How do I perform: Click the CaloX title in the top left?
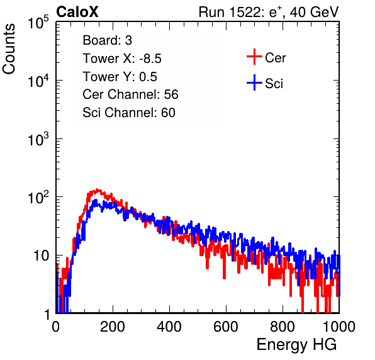[x=77, y=12]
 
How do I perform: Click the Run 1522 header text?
[x=269, y=12]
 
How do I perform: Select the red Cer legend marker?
[x=254, y=57]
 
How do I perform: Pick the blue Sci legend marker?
[x=254, y=82]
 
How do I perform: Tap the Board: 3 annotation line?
[x=107, y=40]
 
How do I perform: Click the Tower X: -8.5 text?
[x=122, y=59]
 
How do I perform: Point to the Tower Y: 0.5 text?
[x=120, y=77]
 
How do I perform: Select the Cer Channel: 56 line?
[x=130, y=94]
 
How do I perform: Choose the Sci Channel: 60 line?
[x=129, y=113]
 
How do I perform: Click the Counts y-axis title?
[x=9, y=49]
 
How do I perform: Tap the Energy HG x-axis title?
[x=296, y=344]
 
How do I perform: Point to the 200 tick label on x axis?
[x=113, y=327]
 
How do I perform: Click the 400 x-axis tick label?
[x=169, y=327]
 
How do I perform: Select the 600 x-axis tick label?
[x=226, y=327]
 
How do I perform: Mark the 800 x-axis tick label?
[x=283, y=327]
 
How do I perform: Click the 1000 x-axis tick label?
[x=339, y=327]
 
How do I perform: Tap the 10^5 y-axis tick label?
[x=38, y=23]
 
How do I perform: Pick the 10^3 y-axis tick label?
[x=38, y=139]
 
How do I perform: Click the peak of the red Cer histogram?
[x=97, y=189]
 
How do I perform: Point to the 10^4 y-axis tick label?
[x=38, y=81]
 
